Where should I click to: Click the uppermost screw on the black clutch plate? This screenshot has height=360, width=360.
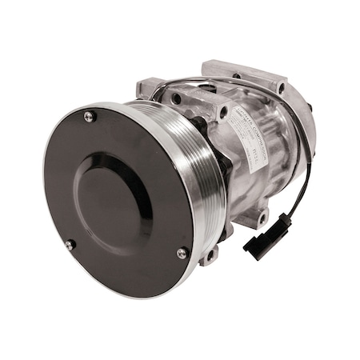point(89,117)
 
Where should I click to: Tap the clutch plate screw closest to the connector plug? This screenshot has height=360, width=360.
point(182,253)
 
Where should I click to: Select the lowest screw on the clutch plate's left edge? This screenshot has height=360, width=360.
point(70,244)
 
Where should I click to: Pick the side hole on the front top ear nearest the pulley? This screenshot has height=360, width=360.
point(176,98)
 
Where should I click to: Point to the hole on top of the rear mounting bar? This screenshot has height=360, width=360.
point(237,76)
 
